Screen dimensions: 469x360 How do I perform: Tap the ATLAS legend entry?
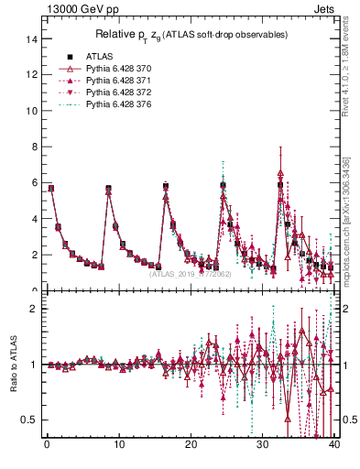click(99, 55)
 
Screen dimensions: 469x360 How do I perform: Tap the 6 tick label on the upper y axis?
click(32, 183)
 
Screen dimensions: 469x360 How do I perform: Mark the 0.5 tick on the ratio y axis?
click(28, 420)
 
